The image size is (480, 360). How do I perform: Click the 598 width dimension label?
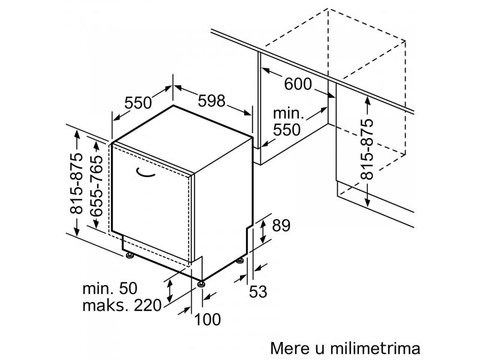[x=211, y=101]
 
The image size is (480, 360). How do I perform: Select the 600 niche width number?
[x=298, y=84]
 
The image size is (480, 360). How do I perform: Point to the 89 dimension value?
[x=281, y=226]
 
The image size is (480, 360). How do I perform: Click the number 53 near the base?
[x=258, y=292]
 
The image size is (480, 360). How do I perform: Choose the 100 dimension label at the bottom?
[x=207, y=320]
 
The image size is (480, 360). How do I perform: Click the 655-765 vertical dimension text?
[x=97, y=186]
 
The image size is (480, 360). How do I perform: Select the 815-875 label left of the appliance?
[x=76, y=183]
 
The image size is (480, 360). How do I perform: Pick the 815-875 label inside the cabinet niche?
[x=367, y=149]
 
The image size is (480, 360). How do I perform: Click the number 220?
[x=148, y=305]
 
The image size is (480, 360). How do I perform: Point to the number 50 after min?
[x=128, y=289]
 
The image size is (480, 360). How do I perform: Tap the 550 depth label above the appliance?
[x=138, y=103]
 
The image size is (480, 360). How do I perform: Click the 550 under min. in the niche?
[x=287, y=130]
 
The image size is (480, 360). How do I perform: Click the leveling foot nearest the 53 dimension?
[x=240, y=261]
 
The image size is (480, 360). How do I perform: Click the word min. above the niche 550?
[x=289, y=113]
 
